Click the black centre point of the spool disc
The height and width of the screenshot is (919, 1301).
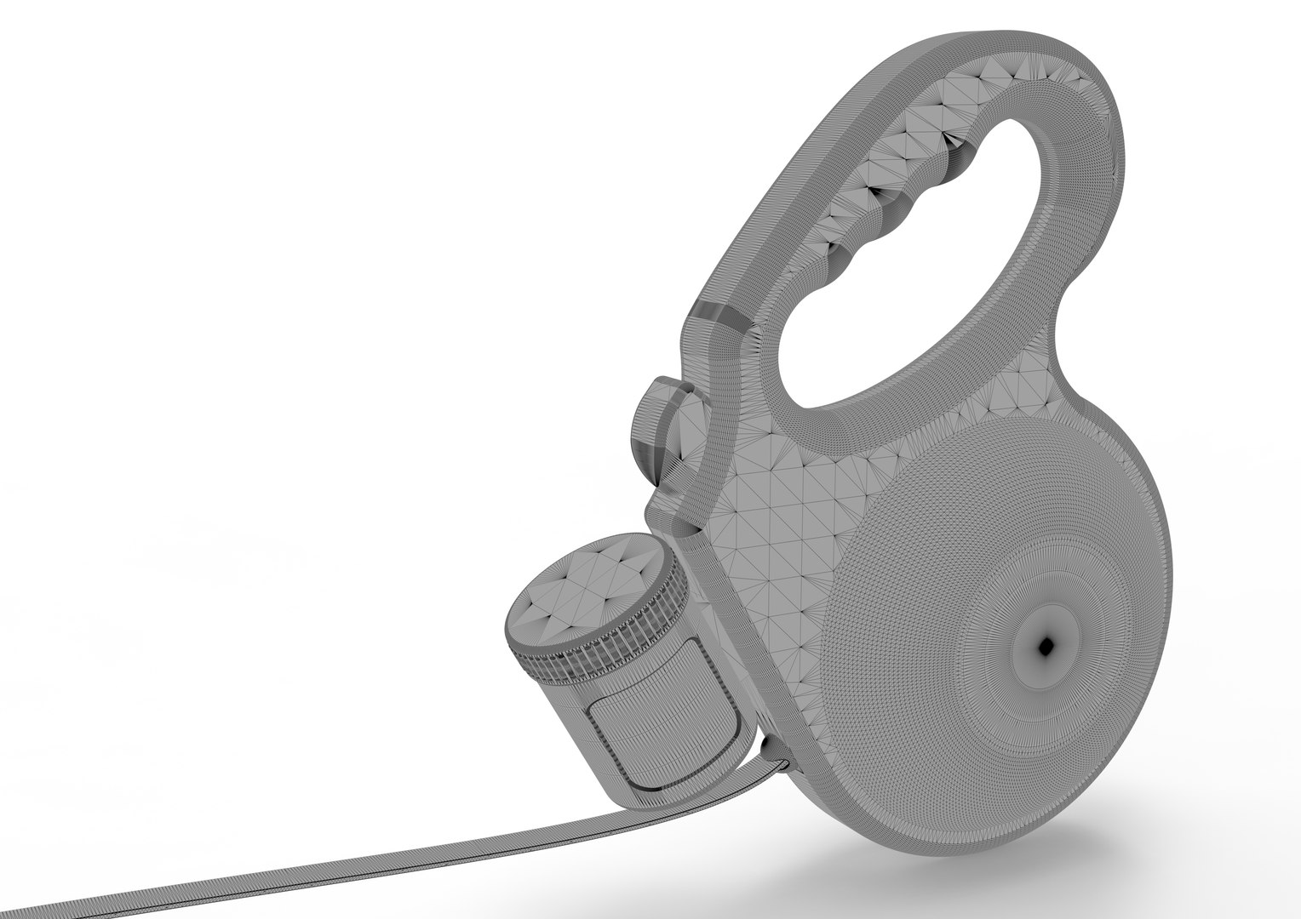[1046, 647]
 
